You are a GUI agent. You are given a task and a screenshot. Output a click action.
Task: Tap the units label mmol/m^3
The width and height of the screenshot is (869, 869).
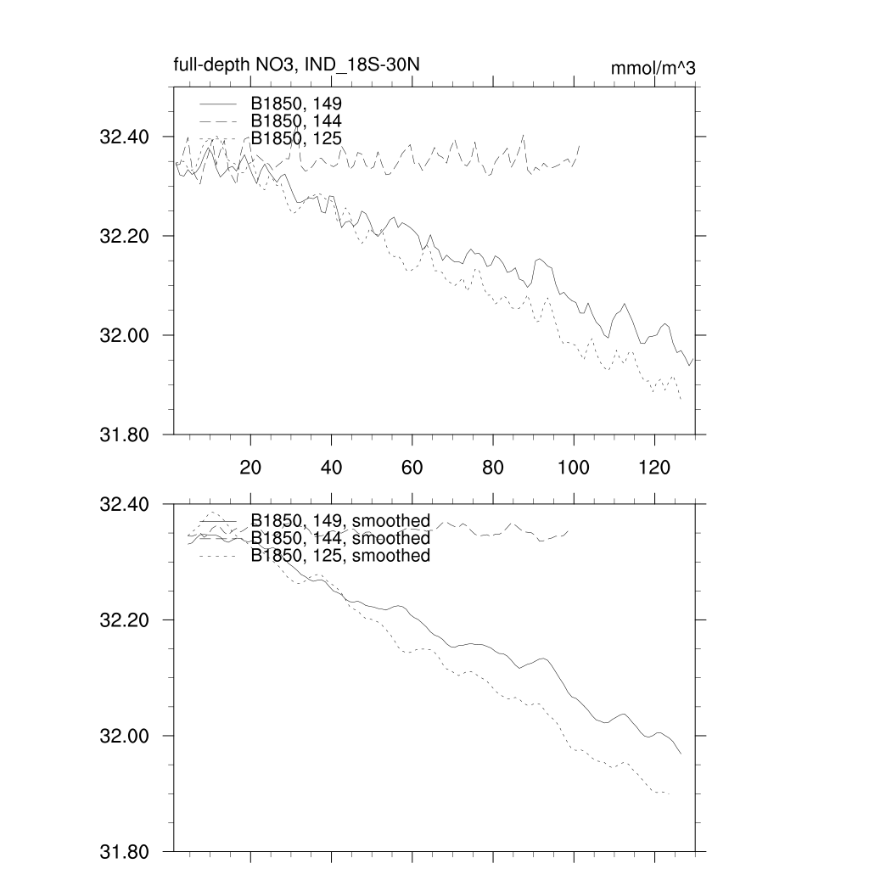[653, 69]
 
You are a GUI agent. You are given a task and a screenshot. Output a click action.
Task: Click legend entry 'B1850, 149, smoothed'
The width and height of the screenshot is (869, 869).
[339, 520]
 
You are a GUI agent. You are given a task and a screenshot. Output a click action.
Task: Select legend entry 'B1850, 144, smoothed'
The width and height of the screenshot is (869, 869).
[339, 538]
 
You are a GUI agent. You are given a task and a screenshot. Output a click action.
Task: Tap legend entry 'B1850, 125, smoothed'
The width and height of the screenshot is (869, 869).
[339, 556]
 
